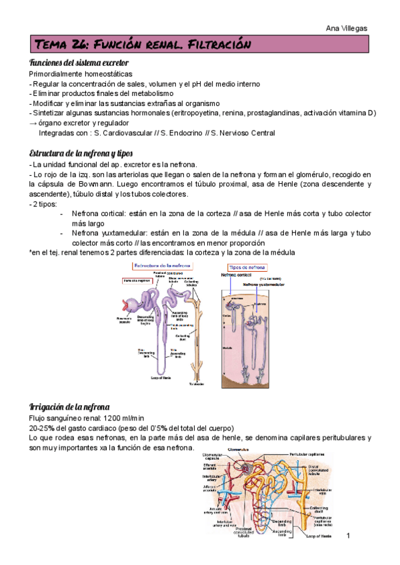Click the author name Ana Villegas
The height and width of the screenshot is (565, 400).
[x=349, y=28]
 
